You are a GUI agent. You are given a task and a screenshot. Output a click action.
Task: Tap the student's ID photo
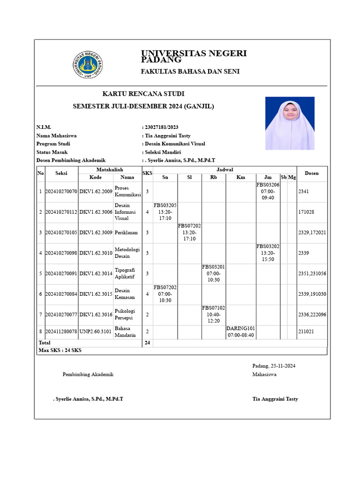290,123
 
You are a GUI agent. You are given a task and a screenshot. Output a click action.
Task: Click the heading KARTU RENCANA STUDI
140,94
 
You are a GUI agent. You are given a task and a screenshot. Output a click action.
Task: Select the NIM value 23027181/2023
161,127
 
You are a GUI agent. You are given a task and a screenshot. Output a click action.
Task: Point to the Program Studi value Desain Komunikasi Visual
175,144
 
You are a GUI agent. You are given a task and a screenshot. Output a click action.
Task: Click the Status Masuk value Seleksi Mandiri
163,152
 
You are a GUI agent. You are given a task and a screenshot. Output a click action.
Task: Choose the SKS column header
147,173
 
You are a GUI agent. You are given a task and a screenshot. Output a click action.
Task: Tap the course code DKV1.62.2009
96,192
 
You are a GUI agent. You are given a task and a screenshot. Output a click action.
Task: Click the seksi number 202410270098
61,253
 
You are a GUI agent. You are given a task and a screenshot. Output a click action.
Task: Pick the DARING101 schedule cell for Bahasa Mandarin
240,332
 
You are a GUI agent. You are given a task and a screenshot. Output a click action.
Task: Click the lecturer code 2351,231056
312,274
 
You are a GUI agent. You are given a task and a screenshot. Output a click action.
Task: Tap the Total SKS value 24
147,343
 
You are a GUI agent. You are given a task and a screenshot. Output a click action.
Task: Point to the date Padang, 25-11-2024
273,366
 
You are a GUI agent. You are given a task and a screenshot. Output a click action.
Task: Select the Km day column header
240,177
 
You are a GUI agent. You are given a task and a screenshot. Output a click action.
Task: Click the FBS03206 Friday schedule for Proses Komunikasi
268,191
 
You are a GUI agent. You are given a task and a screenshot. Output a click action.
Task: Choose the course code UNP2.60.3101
96,332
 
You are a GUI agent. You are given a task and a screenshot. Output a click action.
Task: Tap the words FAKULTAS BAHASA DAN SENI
190,71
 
